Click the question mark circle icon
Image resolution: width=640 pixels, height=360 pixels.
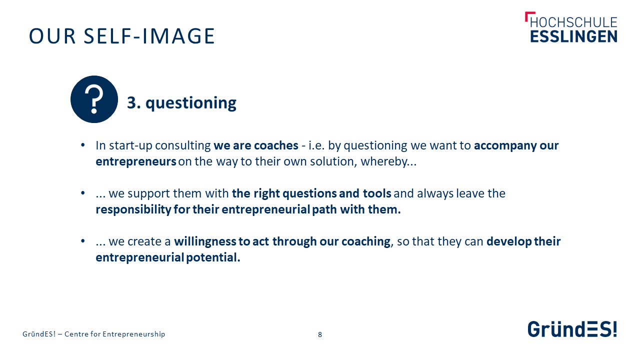94,99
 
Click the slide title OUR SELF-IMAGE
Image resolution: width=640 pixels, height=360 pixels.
122,36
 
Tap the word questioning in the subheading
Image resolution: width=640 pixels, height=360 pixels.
191,103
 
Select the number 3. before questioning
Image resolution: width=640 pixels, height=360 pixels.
133,102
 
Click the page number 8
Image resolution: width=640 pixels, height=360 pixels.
320,334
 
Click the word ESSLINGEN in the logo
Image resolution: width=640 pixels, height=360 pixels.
573,36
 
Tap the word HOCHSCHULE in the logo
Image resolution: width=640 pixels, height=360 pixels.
573,22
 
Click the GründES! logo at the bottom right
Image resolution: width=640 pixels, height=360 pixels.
572,329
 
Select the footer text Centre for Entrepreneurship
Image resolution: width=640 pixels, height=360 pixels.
115,334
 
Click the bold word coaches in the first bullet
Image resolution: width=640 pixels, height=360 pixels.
276,145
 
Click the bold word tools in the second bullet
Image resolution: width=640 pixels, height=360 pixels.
377,193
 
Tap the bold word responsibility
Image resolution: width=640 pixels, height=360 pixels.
133,209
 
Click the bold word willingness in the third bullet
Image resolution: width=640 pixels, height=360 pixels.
205,241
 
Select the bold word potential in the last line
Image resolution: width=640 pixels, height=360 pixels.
213,257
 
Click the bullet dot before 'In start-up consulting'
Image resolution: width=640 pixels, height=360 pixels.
83,145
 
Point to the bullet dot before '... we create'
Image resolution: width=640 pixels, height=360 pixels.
83,241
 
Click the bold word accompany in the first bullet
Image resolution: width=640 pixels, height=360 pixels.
505,146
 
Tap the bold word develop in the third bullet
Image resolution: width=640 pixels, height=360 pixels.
509,241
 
